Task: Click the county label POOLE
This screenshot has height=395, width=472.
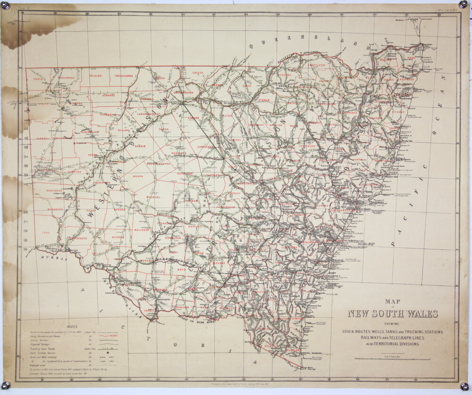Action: pyautogui.click(x=37, y=79)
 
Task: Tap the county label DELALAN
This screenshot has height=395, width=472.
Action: pyautogui.click(x=96, y=75)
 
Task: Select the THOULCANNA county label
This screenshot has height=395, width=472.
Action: pyautogui.click(x=124, y=75)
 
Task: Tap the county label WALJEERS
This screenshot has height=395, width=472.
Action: pyautogui.click(x=142, y=230)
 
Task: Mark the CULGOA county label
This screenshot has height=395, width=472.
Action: pyautogui.click(x=198, y=73)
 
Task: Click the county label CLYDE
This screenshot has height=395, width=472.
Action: pyautogui.click(x=228, y=115)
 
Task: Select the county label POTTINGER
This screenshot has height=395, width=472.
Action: pyautogui.click(x=307, y=146)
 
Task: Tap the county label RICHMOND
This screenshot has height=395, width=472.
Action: pyautogui.click(x=406, y=80)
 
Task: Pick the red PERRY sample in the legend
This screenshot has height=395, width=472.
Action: pyautogui.click(x=112, y=336)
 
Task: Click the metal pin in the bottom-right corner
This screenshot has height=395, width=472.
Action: pyautogui.click(x=465, y=386)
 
